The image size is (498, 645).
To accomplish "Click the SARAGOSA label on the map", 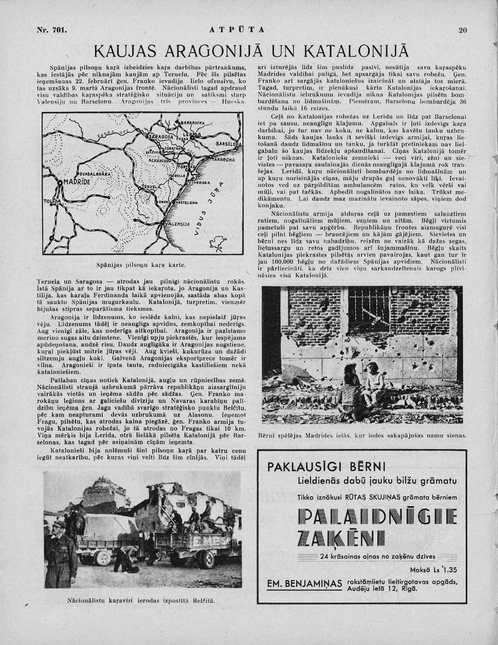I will click(161, 136).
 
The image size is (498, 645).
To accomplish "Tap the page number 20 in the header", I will click(463, 30).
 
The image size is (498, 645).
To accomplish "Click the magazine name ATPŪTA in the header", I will click(237, 30).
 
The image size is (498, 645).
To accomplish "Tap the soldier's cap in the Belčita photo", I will click(59, 524).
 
